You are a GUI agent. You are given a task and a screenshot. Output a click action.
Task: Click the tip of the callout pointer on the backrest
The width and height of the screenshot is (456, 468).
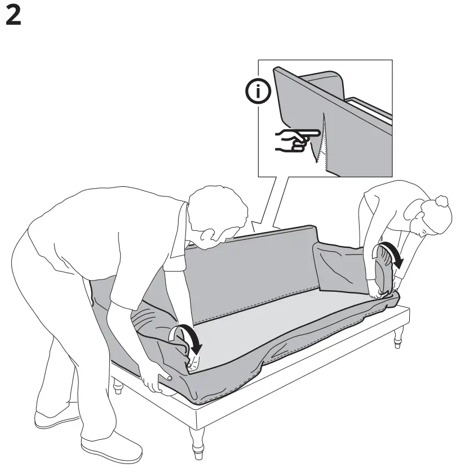255,231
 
